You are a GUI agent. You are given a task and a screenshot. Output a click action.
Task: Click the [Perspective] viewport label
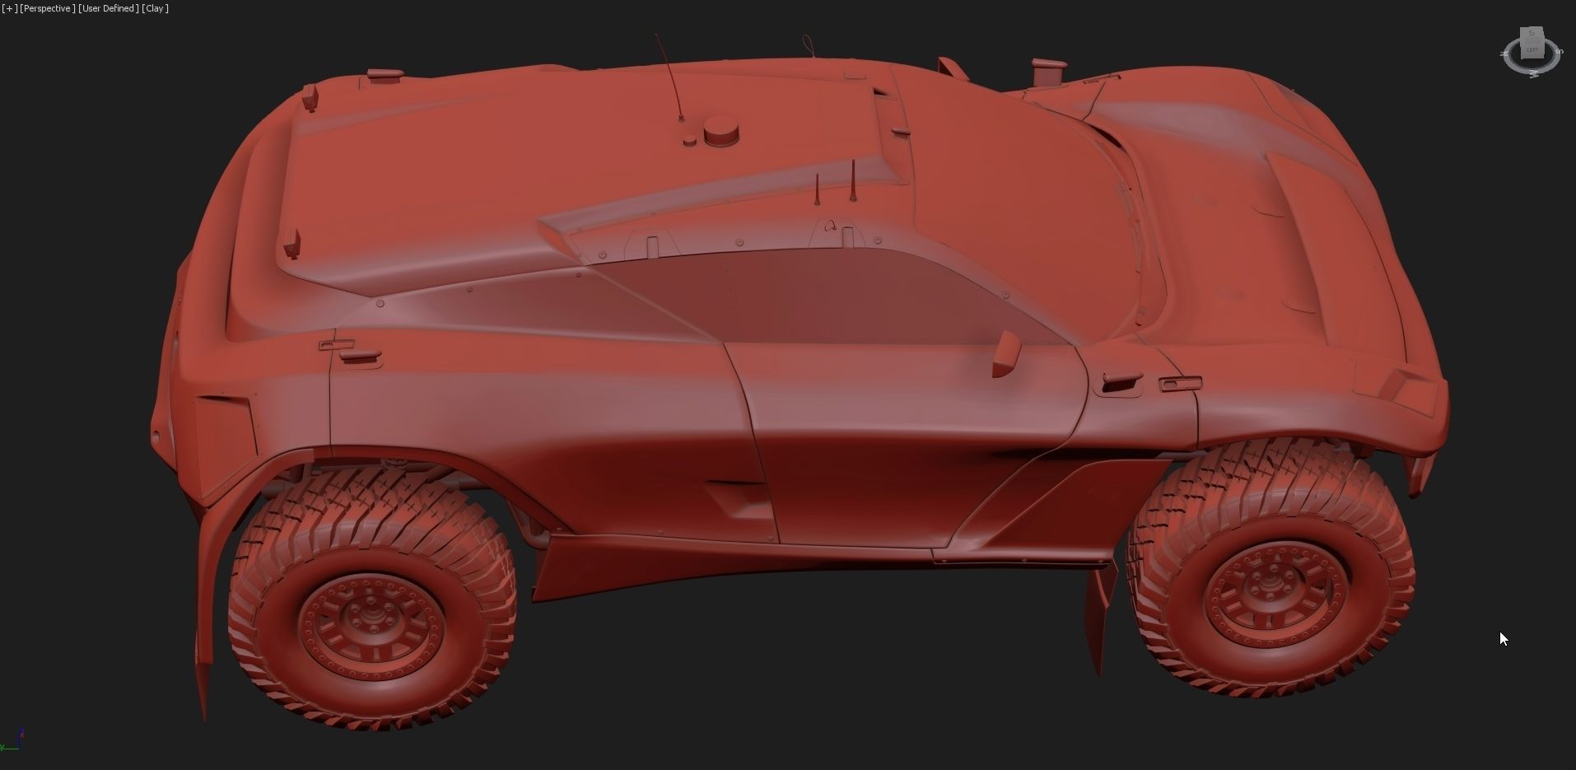tap(48, 8)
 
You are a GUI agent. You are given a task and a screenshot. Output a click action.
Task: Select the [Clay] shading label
tap(155, 8)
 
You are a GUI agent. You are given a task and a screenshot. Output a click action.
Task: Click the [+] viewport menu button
tap(9, 8)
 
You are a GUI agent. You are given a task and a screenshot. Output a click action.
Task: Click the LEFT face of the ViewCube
tap(1532, 50)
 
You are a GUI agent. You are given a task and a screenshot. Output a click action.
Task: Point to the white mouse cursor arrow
tap(1504, 638)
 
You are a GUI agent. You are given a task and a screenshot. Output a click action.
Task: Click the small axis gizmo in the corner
tap(12, 740)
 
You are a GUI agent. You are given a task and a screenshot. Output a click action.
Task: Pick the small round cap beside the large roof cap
tap(689, 142)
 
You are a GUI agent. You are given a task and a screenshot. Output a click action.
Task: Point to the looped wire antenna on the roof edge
tap(808, 44)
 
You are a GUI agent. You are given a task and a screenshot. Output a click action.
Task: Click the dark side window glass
tap(823, 296)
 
